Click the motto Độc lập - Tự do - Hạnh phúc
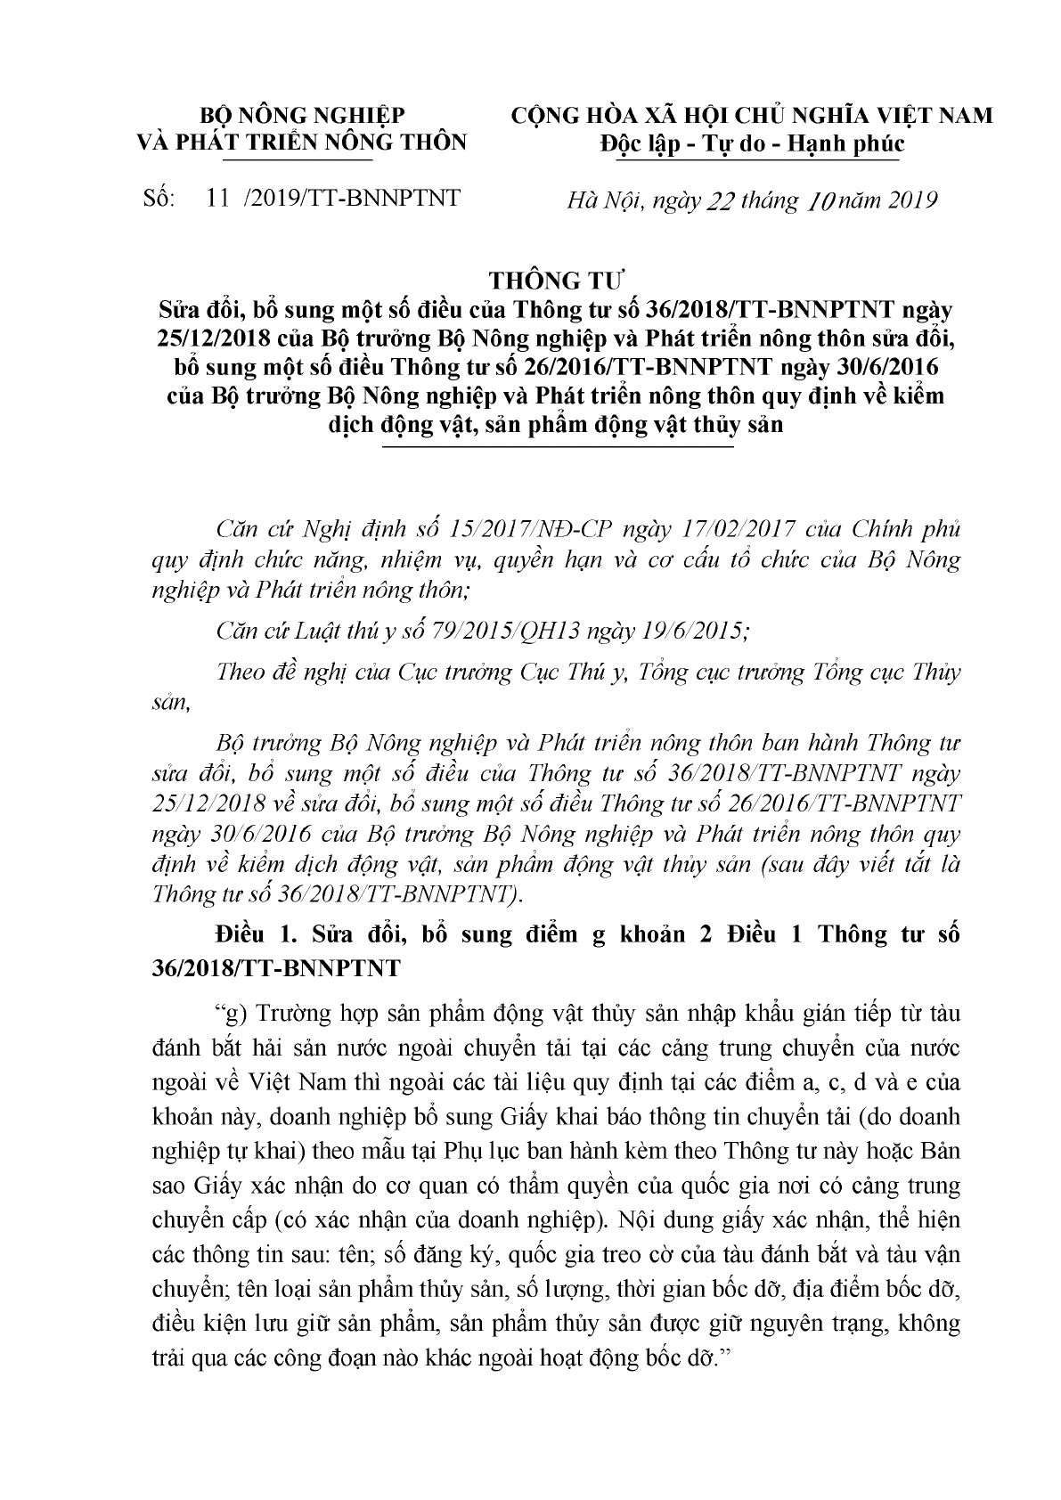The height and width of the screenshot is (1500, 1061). [750, 143]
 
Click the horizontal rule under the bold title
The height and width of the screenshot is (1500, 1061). [556, 446]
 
